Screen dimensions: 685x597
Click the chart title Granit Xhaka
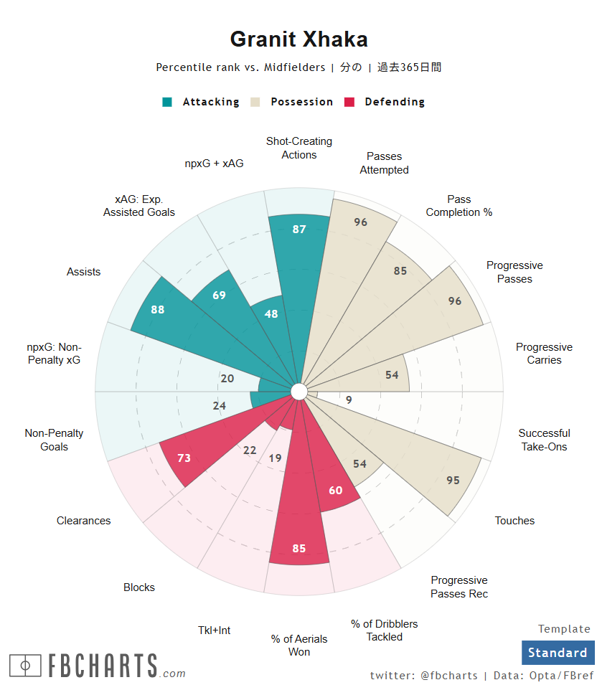tap(298, 39)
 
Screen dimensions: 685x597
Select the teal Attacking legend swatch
tap(167, 102)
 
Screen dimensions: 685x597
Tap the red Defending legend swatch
tap(350, 102)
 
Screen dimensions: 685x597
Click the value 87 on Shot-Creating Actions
tap(299, 230)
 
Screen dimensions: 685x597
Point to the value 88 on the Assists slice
tap(158, 310)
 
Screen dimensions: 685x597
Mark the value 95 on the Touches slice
tap(453, 481)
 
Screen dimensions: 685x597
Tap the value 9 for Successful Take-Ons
tap(349, 400)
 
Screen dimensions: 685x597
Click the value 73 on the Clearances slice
tap(184, 458)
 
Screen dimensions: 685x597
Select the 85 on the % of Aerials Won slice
tap(299, 549)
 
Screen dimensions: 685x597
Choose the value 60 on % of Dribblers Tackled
tap(335, 491)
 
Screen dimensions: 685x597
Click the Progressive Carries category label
tap(544, 354)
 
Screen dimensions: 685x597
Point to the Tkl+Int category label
tap(215, 630)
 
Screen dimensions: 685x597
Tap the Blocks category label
tap(139, 587)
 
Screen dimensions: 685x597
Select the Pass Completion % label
tap(459, 206)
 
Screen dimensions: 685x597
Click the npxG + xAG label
tap(214, 164)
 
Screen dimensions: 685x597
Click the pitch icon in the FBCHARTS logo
tap(26, 666)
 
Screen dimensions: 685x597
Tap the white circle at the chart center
tap(299, 392)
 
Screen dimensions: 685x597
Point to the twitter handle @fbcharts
tap(449, 676)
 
